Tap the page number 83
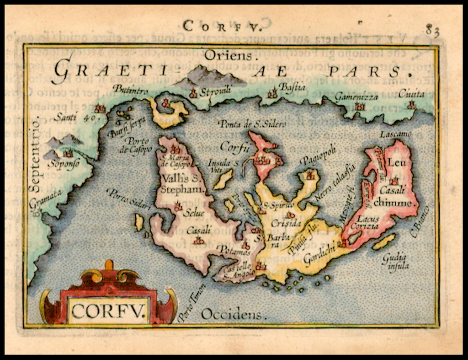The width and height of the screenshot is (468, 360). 432,31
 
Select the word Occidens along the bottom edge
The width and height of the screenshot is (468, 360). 232,314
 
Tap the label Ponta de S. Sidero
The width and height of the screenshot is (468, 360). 252,124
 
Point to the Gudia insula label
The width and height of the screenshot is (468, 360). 395,261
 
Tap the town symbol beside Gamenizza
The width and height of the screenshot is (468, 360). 360,107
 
